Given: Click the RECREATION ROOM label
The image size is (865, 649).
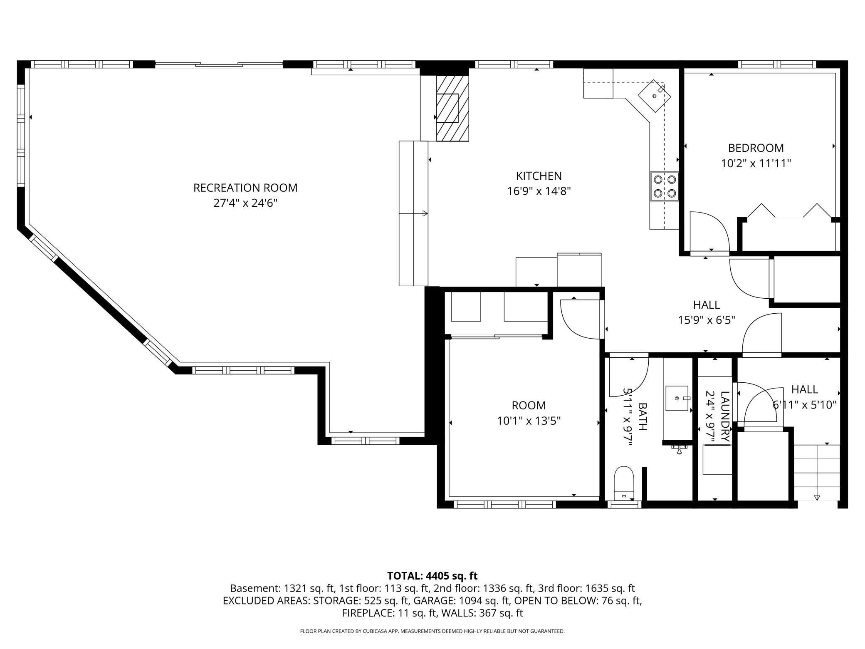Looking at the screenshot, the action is pos(245,188).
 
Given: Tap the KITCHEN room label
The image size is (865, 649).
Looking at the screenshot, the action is pos(539,176).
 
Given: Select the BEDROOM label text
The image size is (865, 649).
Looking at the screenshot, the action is pos(756,148).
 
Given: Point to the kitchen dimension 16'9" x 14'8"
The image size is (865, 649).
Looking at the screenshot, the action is pos(539,191).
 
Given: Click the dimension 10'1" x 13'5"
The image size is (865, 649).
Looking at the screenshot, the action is pos(529,421).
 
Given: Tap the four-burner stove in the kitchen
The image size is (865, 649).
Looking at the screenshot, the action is pos(665,186).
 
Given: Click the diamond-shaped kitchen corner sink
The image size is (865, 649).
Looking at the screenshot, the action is pos(655,96).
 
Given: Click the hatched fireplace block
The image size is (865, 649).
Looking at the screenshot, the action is pos(452,108).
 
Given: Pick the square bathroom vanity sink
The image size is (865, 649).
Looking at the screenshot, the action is pos(678,398).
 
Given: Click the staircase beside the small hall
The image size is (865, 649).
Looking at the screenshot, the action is pos(817,472).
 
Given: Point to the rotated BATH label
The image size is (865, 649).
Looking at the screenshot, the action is pos(643,416).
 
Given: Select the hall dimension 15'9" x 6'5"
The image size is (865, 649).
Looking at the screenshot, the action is pos(707,320).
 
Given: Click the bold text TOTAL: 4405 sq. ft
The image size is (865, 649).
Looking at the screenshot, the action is pos(432,576).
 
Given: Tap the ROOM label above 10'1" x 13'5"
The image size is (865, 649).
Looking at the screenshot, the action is pos(529,405).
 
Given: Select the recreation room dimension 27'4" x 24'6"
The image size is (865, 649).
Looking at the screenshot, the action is pos(245,203).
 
